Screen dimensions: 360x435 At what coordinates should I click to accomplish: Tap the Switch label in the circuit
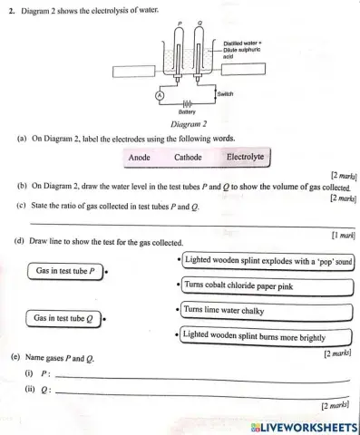pyautogui.click(x=226, y=93)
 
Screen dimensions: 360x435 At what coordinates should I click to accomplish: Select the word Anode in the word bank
pyautogui.click(x=140, y=158)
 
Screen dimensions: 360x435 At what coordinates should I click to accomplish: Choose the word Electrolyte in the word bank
pyautogui.click(x=246, y=157)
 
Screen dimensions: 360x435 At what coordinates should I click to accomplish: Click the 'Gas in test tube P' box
pyautogui.click(x=67, y=271)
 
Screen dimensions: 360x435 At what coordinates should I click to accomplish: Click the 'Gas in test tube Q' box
pyautogui.click(x=65, y=319)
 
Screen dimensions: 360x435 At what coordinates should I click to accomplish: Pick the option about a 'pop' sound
pyautogui.click(x=268, y=261)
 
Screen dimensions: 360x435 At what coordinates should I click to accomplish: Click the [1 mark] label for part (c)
pyautogui.click(x=339, y=235)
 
